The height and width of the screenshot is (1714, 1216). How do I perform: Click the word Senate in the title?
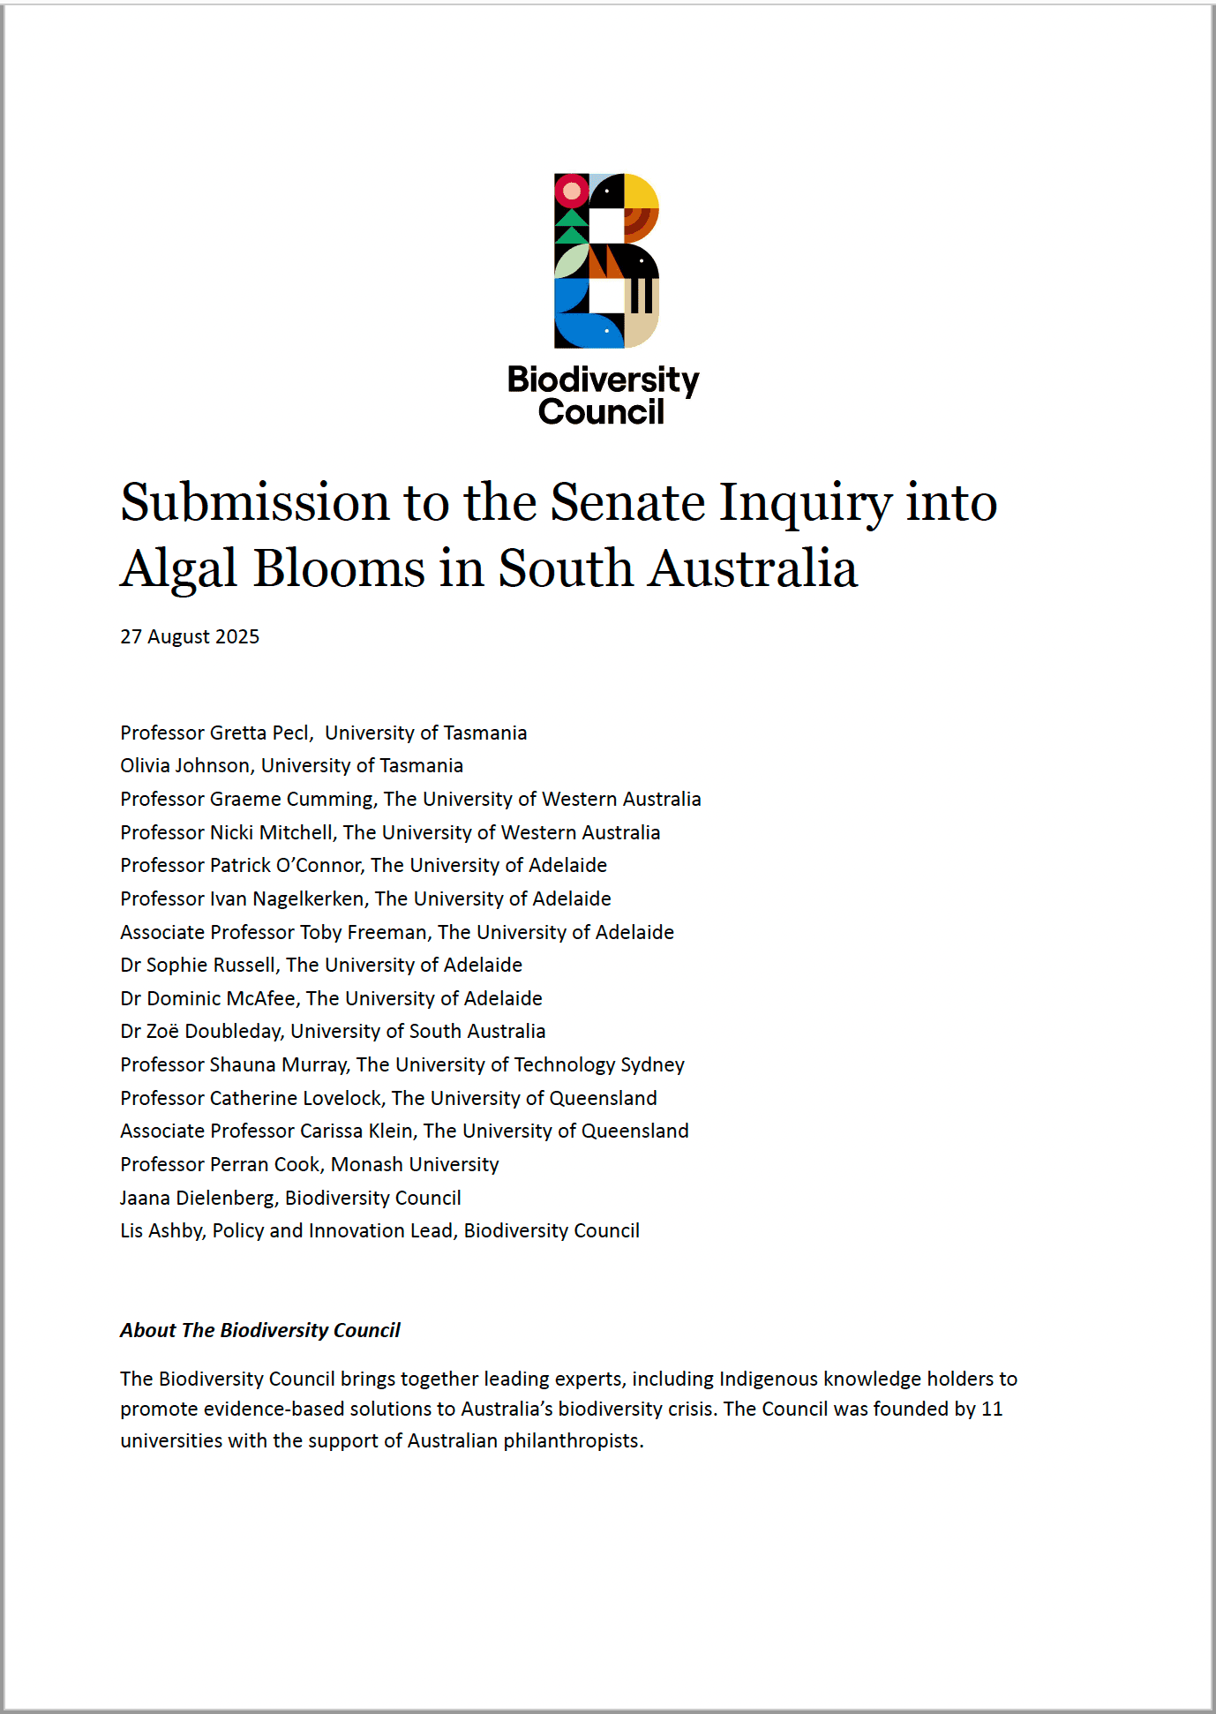click(x=627, y=503)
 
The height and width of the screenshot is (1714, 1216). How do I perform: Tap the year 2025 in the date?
click(x=237, y=637)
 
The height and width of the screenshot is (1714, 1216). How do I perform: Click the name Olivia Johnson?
click(x=184, y=766)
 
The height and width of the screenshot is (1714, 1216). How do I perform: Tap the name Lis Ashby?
click(x=162, y=1231)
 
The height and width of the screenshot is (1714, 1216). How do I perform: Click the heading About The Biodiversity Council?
click(x=260, y=1331)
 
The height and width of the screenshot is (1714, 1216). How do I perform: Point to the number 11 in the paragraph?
click(x=992, y=1410)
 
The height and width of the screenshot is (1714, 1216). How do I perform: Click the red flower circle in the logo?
click(x=572, y=191)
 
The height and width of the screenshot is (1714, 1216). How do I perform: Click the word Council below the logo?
click(x=601, y=412)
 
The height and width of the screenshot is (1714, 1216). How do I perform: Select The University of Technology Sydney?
click(x=521, y=1065)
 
